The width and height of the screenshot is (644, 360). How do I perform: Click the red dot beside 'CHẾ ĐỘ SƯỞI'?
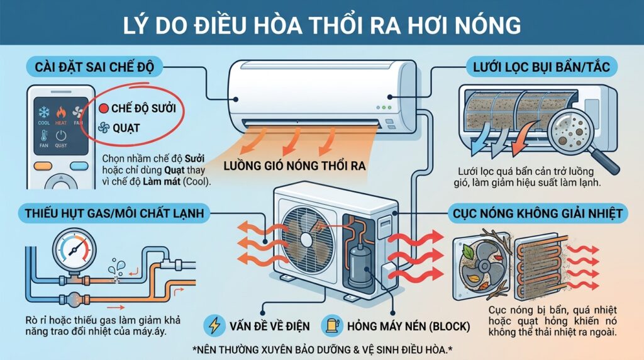pyautogui.click(x=104, y=108)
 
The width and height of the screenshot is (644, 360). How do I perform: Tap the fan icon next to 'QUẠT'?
pyautogui.click(x=104, y=128)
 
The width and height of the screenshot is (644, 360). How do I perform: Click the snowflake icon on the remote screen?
pyautogui.click(x=44, y=112)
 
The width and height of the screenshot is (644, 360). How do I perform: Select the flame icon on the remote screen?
pyautogui.click(x=61, y=112)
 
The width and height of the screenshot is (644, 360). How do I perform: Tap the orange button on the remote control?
pyautogui.click(x=43, y=166)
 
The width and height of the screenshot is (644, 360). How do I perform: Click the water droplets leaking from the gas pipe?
pyautogui.click(x=115, y=270)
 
